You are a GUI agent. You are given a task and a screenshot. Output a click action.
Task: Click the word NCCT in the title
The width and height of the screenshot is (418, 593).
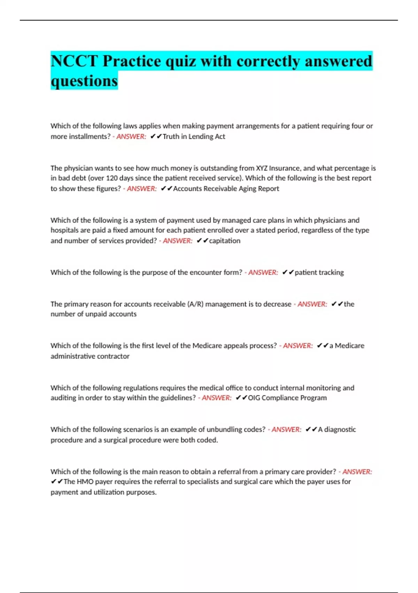(x=74, y=61)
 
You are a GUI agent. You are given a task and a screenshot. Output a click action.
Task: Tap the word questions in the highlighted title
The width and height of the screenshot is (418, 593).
(x=84, y=81)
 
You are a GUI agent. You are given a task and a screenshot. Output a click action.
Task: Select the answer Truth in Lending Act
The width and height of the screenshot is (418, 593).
(x=194, y=136)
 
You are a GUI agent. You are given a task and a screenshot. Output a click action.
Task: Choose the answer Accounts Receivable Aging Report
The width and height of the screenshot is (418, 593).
(x=226, y=189)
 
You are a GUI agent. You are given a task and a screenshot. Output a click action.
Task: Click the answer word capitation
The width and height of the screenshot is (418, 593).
(x=225, y=241)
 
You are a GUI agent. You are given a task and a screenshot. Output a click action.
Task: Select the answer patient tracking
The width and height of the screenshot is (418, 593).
(x=319, y=272)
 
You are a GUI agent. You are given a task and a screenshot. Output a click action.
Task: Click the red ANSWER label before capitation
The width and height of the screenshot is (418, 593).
(x=177, y=241)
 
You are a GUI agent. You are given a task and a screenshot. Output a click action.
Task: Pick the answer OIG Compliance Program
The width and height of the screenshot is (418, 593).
(x=287, y=398)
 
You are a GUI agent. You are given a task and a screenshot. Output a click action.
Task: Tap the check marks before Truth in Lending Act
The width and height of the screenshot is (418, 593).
(x=156, y=136)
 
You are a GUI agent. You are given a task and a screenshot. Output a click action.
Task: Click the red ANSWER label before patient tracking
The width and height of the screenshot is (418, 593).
(x=263, y=272)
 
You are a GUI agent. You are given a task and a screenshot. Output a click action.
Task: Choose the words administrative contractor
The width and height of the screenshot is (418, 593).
(x=90, y=356)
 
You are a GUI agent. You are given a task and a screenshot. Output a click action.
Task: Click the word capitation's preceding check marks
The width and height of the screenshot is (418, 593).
(x=202, y=241)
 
